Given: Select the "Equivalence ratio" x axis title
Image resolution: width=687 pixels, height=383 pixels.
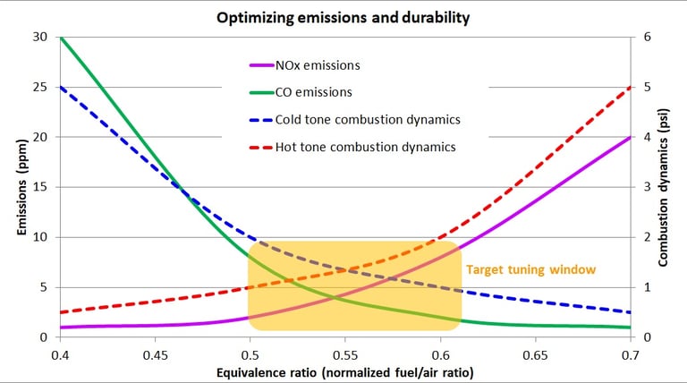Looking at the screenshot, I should point(345,370).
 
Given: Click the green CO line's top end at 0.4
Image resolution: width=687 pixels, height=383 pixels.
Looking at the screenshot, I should point(62,38).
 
